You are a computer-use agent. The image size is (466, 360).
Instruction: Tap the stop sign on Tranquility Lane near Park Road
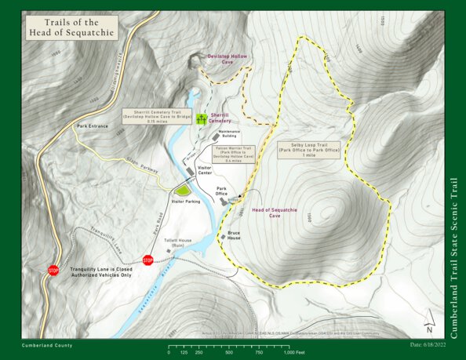pos(147,260)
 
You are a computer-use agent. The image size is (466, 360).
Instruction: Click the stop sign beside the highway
pos(53,271)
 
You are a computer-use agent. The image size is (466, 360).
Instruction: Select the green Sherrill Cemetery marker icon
pos(202,119)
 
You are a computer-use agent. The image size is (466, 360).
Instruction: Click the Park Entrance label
pos(93,125)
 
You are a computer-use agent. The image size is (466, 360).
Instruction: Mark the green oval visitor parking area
pos(183,191)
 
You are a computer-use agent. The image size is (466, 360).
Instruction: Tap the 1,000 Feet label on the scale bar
pos(294,352)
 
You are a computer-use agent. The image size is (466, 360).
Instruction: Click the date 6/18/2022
pos(427,344)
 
